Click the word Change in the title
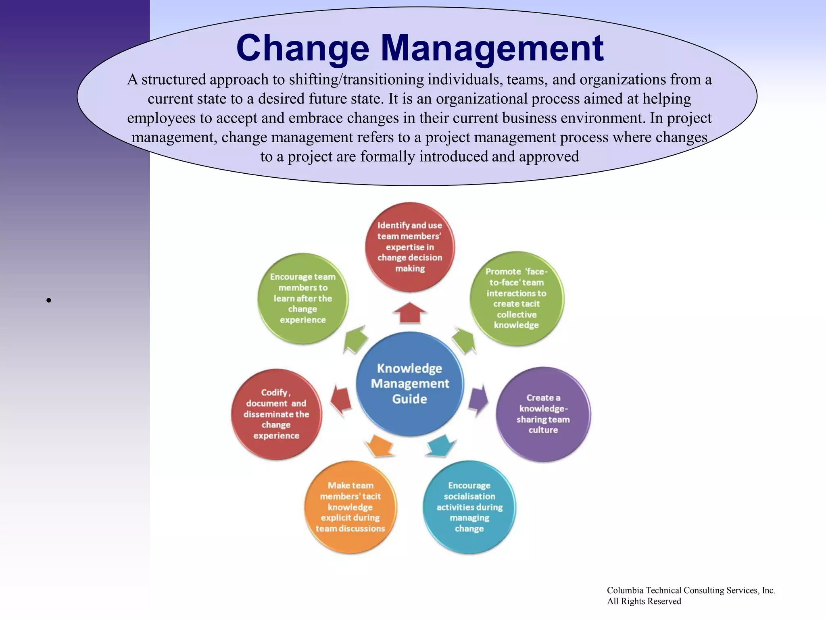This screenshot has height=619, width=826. coord(302,49)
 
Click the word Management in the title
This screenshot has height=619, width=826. coord(492,49)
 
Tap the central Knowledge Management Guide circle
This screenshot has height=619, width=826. coord(410,384)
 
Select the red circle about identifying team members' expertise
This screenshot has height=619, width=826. coord(410,247)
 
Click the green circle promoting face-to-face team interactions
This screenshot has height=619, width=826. coord(516,298)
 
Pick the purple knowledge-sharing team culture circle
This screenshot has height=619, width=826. coord(543,414)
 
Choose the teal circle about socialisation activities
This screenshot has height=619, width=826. coord(469,507)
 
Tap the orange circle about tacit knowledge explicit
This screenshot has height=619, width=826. coord(350,507)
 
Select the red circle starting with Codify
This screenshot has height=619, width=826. coord(276,414)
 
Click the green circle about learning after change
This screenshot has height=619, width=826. coord(302,298)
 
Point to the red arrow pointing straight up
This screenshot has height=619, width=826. coord(410,313)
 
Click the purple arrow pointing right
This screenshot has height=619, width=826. coord(479,400)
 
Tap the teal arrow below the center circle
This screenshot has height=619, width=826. coord(441,446)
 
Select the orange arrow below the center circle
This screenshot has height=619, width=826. coord(380,446)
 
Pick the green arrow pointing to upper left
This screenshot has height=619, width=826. coord(356,339)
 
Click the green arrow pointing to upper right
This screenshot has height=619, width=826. coord(464,340)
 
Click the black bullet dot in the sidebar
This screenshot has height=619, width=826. coord(48,300)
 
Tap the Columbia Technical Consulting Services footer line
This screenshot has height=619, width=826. coord(690,590)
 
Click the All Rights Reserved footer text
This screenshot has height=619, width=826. coord(644,601)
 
